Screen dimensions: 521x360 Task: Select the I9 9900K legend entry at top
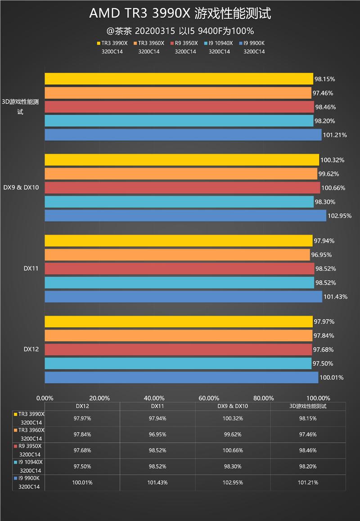pos(254,43)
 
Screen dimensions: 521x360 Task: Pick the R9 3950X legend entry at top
pos(185,43)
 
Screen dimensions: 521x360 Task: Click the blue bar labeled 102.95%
pos(185,216)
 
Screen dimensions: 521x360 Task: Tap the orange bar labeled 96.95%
pos(177,255)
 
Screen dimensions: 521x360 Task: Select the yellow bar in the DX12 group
pos(179,322)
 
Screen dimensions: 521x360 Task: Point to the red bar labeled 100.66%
pos(182,188)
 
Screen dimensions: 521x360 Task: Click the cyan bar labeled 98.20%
pos(179,121)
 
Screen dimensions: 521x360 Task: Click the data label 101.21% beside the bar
pos(334,135)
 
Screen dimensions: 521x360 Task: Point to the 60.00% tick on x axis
pos(209,398)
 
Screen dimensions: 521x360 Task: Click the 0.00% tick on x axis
pos(45,398)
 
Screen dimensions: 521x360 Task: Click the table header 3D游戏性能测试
pos(308,406)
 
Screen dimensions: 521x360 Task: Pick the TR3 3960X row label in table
pos(29,434)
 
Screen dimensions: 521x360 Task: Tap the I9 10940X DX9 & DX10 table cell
pos(233,467)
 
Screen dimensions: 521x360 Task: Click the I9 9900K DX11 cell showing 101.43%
pos(157,482)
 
